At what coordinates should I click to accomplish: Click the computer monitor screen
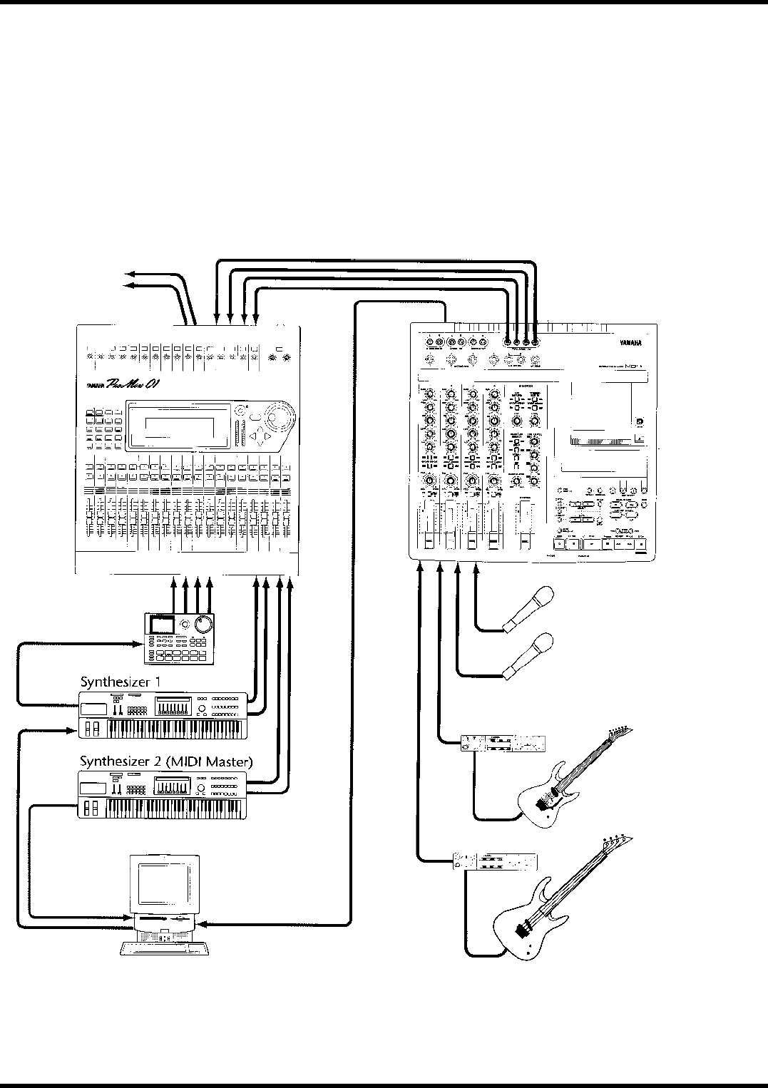coord(163,884)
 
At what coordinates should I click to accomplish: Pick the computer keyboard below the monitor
coord(164,947)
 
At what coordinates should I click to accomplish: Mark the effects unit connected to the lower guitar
coord(493,863)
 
